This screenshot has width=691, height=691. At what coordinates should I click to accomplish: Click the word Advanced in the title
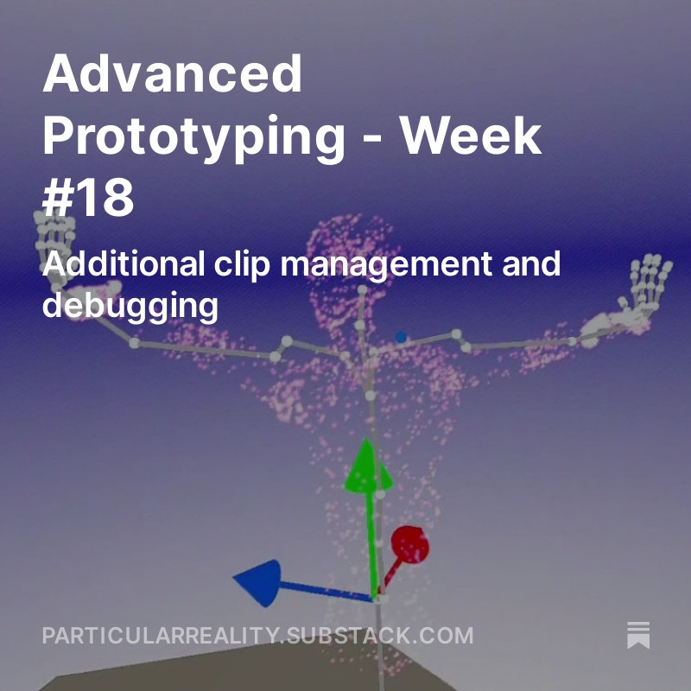[x=172, y=73]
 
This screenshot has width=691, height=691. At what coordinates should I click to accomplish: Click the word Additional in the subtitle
[x=124, y=263]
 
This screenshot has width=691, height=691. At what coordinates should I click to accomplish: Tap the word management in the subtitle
[x=386, y=265]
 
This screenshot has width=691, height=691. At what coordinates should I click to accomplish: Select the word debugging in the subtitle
[x=130, y=306]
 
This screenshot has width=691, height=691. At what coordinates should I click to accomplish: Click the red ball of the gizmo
[x=409, y=545]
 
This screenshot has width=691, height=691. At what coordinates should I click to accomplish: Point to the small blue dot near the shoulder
[x=401, y=337]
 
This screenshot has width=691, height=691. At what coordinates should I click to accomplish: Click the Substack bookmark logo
[x=638, y=635]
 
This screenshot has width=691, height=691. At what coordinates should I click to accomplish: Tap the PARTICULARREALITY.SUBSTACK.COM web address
[x=257, y=636]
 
